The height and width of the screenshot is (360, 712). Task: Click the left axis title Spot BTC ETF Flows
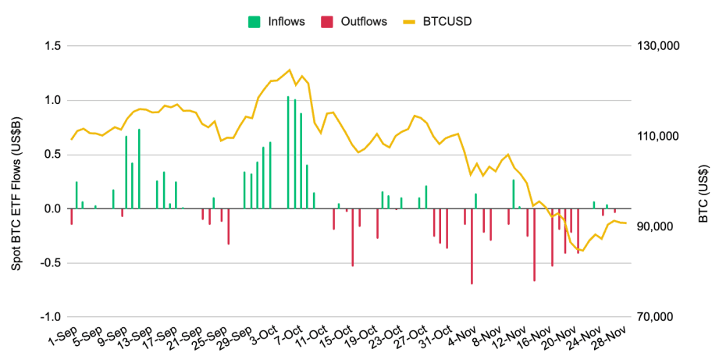click(16, 181)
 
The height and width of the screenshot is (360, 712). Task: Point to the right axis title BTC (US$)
click(703, 181)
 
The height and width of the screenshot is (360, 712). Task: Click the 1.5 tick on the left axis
click(52, 46)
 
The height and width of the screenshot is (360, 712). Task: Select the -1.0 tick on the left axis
click(50, 317)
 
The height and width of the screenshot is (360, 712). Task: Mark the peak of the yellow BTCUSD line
click(290, 70)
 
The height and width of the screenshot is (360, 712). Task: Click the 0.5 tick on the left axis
click(52, 155)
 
